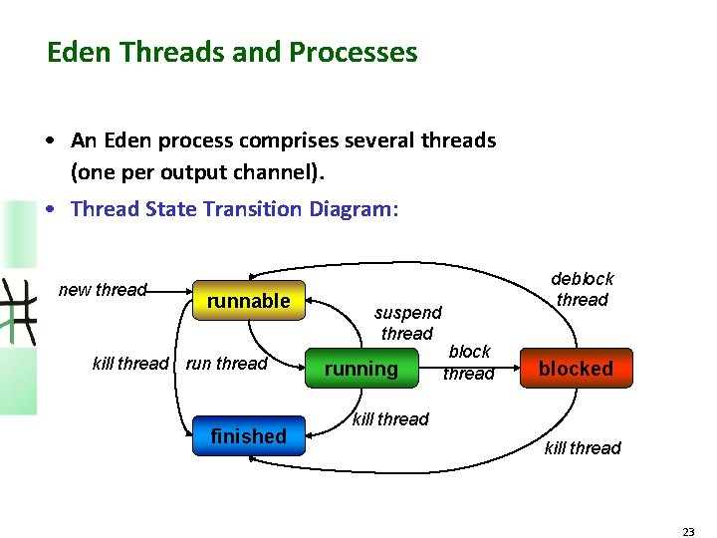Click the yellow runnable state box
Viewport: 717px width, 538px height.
pos(248,301)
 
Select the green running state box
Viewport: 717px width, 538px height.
pos(360,369)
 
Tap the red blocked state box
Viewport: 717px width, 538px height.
pos(576,369)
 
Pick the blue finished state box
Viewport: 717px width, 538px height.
pos(248,436)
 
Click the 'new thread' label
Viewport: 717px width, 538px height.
pos(103,290)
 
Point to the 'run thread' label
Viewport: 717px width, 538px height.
pos(227,364)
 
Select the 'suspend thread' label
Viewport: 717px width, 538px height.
pos(407,323)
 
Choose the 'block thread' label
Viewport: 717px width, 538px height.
pos(469,363)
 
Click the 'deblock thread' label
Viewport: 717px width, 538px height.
pos(583,289)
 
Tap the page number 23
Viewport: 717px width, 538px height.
pos(688,532)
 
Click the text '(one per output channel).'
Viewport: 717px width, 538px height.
pos(197,172)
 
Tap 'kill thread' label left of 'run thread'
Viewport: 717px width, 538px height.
pos(130,364)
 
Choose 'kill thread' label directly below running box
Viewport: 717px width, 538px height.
pos(390,419)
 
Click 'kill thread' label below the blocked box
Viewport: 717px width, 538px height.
pos(583,448)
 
